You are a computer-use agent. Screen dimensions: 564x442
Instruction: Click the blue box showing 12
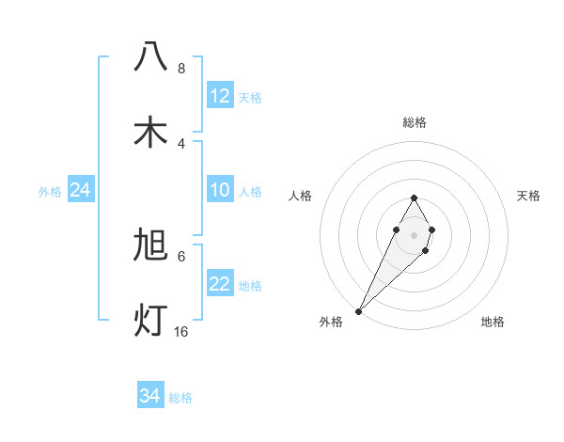[220, 96]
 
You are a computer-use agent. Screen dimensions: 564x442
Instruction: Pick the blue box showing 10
[220, 191]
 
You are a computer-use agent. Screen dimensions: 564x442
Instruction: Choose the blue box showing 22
[220, 285]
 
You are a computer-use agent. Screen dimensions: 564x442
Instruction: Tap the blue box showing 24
[81, 191]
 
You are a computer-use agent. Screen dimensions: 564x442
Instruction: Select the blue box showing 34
[150, 397]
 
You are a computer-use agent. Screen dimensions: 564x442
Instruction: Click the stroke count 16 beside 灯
[180, 332]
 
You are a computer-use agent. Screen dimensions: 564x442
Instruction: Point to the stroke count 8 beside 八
[180, 69]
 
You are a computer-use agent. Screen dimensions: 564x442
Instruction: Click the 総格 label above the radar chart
[415, 122]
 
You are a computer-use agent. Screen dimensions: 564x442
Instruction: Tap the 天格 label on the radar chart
[528, 196]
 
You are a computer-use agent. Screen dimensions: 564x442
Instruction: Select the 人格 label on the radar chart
[301, 196]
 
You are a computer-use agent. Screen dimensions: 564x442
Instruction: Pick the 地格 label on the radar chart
[493, 322]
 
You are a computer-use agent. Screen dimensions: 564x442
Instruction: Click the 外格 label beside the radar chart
[331, 322]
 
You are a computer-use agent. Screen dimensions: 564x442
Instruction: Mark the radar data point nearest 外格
[358, 310]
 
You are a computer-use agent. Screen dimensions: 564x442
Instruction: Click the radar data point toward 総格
[414, 197]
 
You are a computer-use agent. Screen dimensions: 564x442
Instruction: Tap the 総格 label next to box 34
[180, 398]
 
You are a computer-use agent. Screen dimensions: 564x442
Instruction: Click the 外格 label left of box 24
[50, 192]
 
